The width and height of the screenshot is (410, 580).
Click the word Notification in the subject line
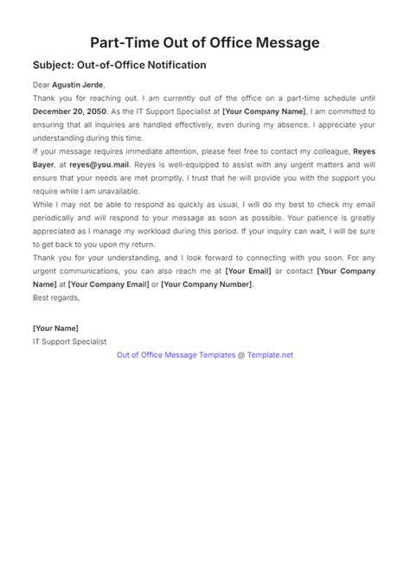(175, 65)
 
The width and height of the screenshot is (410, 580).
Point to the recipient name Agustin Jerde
(78, 85)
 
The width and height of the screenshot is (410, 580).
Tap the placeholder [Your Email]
(249, 271)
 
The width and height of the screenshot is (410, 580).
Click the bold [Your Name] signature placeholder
(55, 328)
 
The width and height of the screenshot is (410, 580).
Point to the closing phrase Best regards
(55, 297)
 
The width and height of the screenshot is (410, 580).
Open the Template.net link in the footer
(270, 354)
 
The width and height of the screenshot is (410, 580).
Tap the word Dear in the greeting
(41, 85)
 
